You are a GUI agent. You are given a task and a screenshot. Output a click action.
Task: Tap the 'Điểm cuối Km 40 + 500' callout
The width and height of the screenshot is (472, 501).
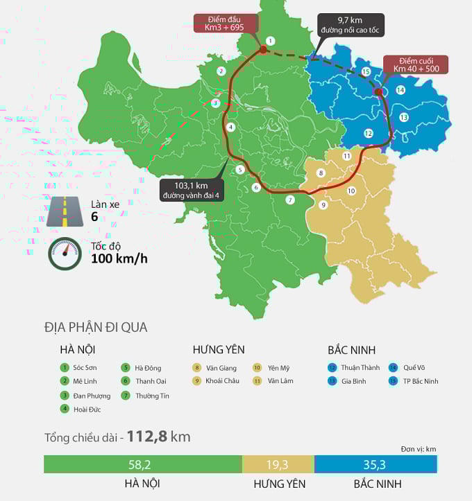pos(416,65)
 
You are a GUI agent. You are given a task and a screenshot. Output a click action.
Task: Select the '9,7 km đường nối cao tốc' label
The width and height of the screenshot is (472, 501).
pos(350,25)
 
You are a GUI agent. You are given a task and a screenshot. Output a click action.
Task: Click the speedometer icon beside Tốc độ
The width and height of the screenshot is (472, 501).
pos(65,253)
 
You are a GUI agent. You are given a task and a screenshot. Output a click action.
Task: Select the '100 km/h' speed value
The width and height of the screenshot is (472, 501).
pos(119,260)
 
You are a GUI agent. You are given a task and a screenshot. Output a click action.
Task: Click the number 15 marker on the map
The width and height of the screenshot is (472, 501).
pos(366,72)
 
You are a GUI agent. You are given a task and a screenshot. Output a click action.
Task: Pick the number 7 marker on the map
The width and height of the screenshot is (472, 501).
pos(290,200)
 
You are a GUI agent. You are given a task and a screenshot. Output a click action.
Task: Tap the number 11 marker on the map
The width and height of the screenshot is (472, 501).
pos(347,156)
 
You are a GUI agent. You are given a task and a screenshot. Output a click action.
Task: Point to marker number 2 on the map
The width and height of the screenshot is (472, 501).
pos(221,71)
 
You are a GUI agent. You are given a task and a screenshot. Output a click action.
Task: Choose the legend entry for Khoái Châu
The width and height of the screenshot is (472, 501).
pos(216,381)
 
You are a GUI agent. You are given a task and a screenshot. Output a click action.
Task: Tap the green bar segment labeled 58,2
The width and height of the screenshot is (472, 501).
pos(142,464)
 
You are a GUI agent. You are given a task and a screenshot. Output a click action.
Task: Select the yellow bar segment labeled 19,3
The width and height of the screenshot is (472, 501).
pos(278,464)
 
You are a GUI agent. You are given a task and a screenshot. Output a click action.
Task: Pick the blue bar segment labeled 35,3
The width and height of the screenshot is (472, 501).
pos(376,464)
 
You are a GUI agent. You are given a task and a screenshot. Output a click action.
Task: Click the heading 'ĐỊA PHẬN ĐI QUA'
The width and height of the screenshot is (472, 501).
pos(96,328)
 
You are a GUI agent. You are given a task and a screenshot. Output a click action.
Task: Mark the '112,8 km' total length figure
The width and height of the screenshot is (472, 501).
pos(158,437)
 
